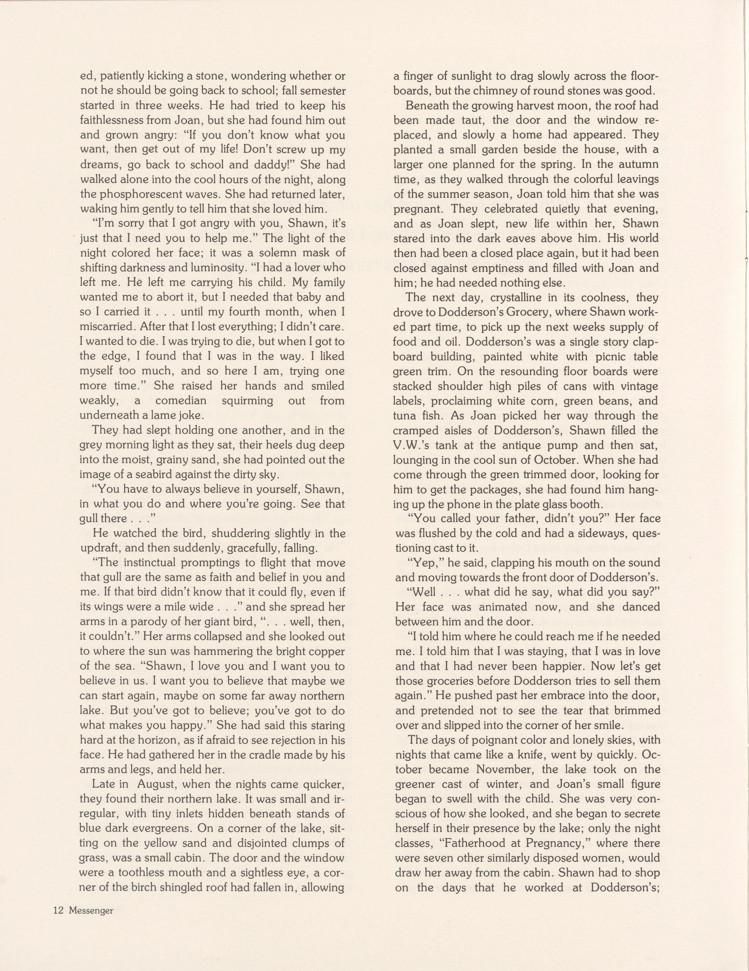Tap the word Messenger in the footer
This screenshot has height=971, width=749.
click(91, 910)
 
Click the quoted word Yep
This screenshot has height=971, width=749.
click(427, 563)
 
